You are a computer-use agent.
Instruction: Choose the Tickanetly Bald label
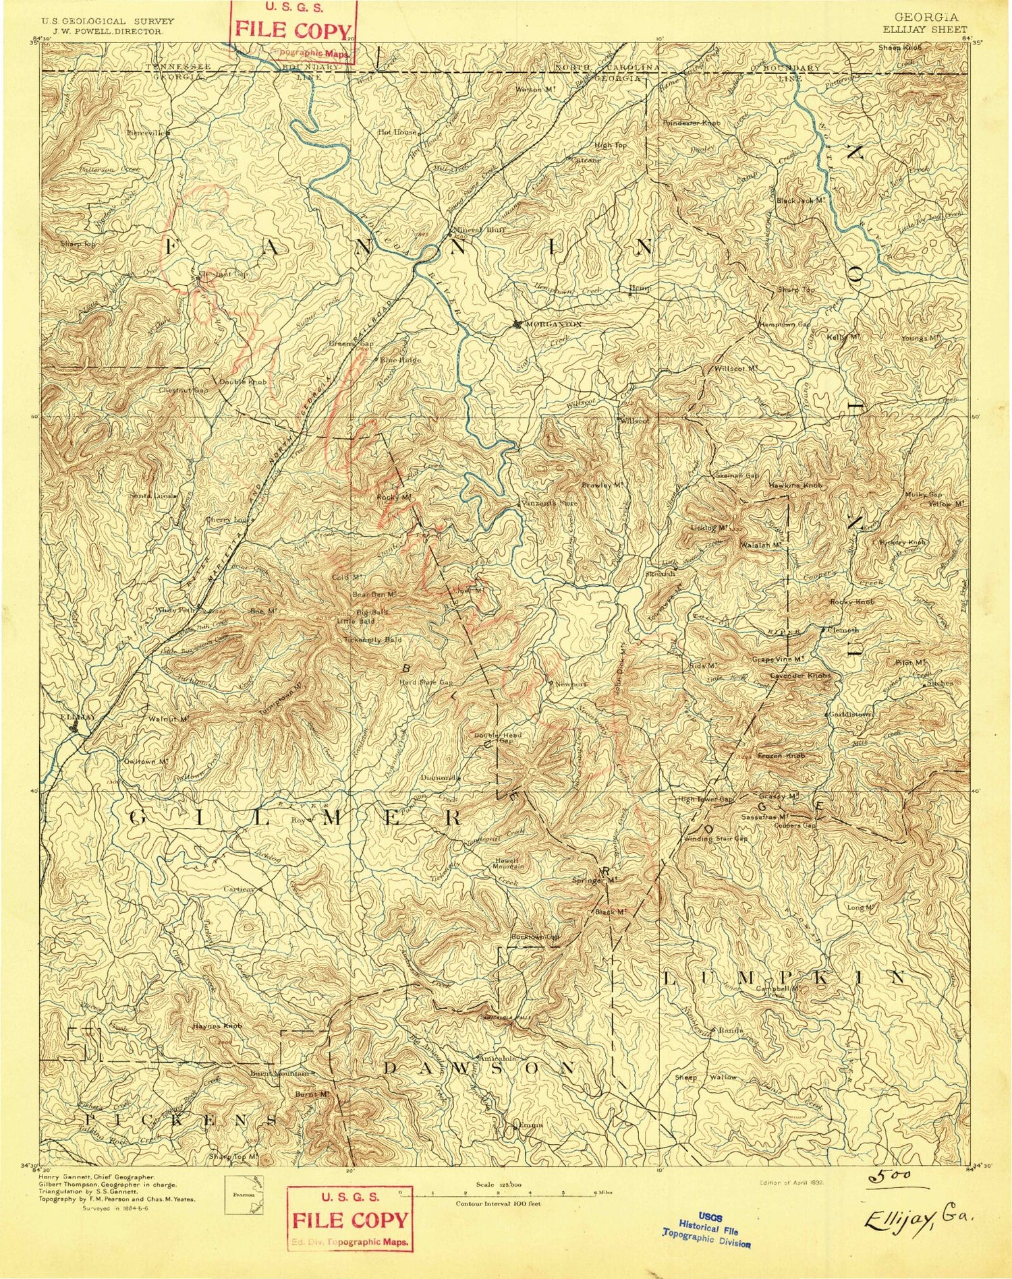pos(372,639)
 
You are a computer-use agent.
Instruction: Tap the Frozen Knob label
pos(781,756)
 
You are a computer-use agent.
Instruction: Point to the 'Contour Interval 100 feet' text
pos(498,1203)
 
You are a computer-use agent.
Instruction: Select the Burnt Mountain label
pos(283,1073)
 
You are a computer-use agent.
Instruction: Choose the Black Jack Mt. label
pos(800,201)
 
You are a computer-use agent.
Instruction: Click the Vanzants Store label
pos(551,503)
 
